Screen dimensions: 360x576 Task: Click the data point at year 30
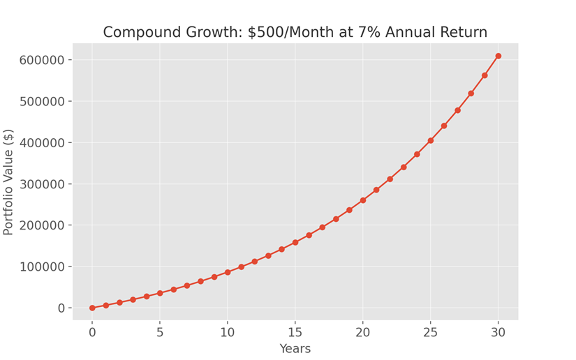(x=498, y=56)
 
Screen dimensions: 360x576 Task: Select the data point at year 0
(x=92, y=308)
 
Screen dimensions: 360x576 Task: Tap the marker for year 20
(x=363, y=200)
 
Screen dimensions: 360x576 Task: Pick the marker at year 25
(x=431, y=140)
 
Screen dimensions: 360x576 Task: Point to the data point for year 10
(x=228, y=272)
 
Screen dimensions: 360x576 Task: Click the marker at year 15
(x=295, y=242)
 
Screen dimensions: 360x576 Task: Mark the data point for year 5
(x=160, y=293)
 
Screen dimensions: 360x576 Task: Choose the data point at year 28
(x=471, y=93)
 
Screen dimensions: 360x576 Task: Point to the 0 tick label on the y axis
(x=62, y=308)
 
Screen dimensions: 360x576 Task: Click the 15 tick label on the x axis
(x=295, y=332)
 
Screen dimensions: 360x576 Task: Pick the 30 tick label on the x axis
(x=498, y=332)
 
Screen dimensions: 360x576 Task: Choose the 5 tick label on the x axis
(x=160, y=332)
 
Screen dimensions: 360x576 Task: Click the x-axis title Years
(x=295, y=349)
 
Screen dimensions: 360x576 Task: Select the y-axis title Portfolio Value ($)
(x=9, y=182)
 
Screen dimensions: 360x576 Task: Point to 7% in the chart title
(x=369, y=32)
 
